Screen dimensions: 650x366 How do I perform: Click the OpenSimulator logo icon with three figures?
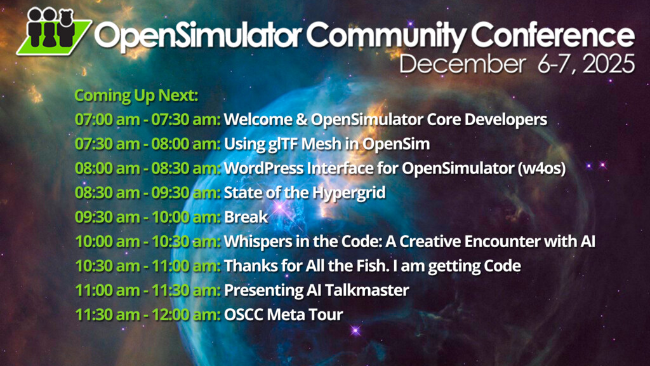pos(53,32)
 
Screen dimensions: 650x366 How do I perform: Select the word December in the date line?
pos(462,64)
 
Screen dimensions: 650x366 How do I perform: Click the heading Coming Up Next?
pos(136,96)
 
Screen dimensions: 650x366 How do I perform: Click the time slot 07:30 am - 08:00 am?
pos(147,144)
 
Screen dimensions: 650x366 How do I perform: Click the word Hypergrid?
pos(348,193)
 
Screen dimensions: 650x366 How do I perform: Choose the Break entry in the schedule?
pos(246,217)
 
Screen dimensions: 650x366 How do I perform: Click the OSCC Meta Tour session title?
pos(284,315)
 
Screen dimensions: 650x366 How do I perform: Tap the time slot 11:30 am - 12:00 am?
pos(147,315)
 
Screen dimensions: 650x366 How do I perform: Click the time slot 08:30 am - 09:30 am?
pos(147,193)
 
